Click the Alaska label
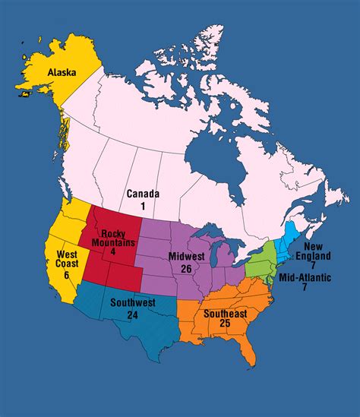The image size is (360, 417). pyautogui.click(x=62, y=72)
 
